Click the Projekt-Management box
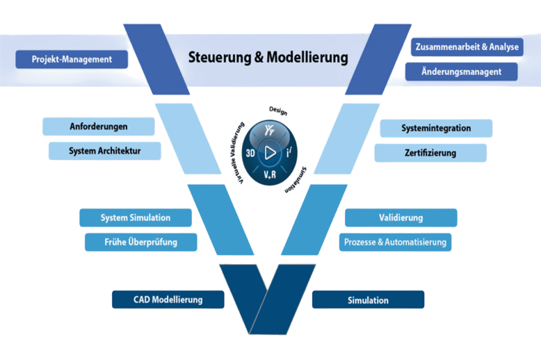click(72, 59)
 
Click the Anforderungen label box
click(98, 126)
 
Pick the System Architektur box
click(105, 150)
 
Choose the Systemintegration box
click(436, 128)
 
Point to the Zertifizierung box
click(430, 152)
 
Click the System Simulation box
click(135, 218)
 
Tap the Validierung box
click(401, 218)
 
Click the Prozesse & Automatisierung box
click(396, 242)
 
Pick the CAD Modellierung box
click(168, 300)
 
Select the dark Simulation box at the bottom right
click(368, 300)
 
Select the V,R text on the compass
click(269, 172)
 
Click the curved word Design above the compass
click(278, 111)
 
